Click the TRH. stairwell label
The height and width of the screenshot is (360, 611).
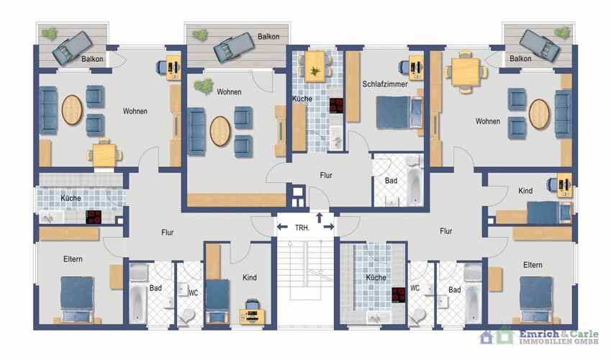point(302,228)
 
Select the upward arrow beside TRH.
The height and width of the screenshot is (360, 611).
point(320,217)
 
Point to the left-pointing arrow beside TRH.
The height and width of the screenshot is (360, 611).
point(282,227)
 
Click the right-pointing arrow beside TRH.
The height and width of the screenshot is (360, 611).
point(329,227)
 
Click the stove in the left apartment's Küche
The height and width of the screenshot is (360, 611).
point(94,217)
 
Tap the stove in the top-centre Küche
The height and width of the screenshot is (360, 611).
point(336,105)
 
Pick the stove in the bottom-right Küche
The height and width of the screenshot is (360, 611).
point(398,295)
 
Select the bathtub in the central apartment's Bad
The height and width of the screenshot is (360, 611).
point(415,186)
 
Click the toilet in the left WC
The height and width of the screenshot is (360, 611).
point(189,316)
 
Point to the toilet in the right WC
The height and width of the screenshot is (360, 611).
point(419,315)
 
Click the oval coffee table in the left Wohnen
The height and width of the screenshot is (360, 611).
point(72,110)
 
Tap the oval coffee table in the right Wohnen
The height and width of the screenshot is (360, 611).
point(539,114)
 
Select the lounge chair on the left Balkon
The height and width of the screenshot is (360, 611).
point(73,48)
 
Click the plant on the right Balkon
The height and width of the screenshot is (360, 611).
point(562,33)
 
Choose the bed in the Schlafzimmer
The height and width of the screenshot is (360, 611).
point(399,112)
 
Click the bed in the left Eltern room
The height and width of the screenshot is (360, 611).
point(77,300)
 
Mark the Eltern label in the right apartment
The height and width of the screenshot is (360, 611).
point(533,265)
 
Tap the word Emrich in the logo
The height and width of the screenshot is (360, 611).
point(538,334)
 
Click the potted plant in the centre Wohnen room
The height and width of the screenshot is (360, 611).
point(204,86)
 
